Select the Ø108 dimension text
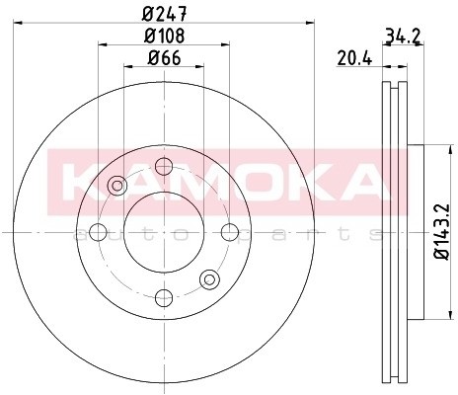pyautogui.click(x=164, y=38)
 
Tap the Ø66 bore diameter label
pyautogui.click(x=164, y=59)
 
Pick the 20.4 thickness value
pyautogui.click(x=352, y=59)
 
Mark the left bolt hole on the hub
pyautogui.click(x=99, y=232)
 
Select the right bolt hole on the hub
pyautogui.click(x=229, y=232)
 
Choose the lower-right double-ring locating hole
pyautogui.click(x=209, y=279)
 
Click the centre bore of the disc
pyautogui.click(x=164, y=232)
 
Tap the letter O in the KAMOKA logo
pyautogui.click(x=247, y=180)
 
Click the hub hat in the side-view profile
pyautogui.click(x=413, y=232)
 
